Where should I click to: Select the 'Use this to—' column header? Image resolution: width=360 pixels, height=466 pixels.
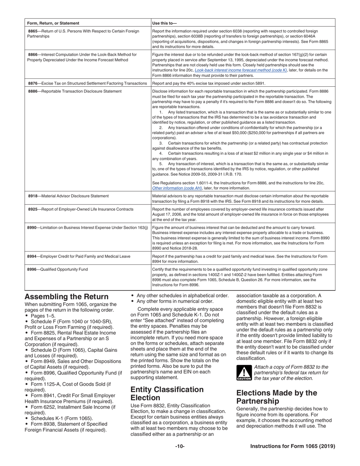coord(164,23)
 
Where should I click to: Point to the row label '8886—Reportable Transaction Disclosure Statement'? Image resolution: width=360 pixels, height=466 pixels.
coord(75,91)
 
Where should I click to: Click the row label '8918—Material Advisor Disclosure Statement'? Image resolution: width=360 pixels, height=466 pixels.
coord(68,196)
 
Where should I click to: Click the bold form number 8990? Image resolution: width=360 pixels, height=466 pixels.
coord(32,227)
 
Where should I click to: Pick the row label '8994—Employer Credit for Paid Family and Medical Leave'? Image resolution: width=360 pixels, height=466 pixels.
coord(78,256)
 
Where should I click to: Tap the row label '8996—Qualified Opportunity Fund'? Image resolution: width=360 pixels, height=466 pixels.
coord(57,269)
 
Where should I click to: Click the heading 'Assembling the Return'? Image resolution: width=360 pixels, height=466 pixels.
coord(66,297)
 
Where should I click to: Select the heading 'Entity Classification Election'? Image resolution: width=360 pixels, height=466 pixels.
coord(167,394)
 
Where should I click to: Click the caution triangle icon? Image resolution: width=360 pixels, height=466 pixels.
coord(244,373)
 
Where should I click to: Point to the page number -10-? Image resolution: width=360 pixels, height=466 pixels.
coord(180,446)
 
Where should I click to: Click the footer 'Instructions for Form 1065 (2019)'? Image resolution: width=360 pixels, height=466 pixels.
coord(293,446)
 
